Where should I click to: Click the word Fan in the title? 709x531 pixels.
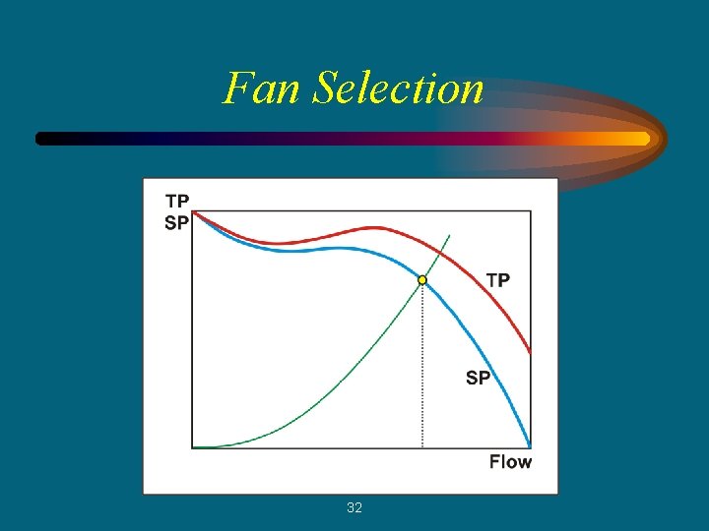tap(263, 88)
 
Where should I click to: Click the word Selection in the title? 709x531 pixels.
tap(399, 88)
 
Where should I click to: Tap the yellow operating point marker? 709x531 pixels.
tap(422, 280)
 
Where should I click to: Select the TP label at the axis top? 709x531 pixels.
tap(177, 202)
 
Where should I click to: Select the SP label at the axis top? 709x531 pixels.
tap(177, 222)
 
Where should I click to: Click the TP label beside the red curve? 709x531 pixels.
tap(498, 280)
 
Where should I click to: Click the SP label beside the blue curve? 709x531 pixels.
tap(478, 378)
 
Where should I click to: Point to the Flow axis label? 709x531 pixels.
tap(510, 462)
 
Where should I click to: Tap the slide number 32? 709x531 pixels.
tap(354, 507)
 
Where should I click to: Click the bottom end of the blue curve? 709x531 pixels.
tap(529, 444)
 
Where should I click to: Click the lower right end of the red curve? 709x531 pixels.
tap(530, 350)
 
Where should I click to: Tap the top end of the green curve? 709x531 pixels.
tap(449, 236)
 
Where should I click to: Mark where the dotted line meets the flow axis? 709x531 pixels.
tap(422, 448)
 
